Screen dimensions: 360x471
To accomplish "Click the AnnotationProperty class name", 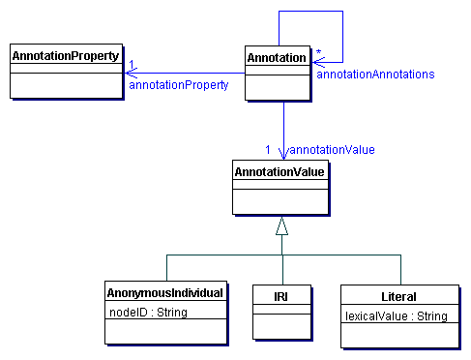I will pos(65,56).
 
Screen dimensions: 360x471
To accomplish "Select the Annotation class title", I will pos(277,58).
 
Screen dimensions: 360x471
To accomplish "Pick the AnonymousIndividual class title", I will pos(165,293).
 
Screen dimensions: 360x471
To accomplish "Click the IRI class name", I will pos(282,293).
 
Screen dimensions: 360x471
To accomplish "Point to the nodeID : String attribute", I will pos(147,312).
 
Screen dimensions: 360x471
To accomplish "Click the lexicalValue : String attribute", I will pos(396,315).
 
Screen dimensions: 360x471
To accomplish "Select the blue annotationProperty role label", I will pos(178,85).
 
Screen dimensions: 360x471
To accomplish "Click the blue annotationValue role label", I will pos(331,150).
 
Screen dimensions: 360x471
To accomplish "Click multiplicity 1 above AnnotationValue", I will pos(268,149).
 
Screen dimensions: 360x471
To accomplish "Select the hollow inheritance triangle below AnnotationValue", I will pos(281,227).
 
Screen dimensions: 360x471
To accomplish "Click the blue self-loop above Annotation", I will pos(310,12).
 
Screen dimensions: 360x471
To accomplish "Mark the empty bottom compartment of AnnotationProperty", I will pos(65,87).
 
